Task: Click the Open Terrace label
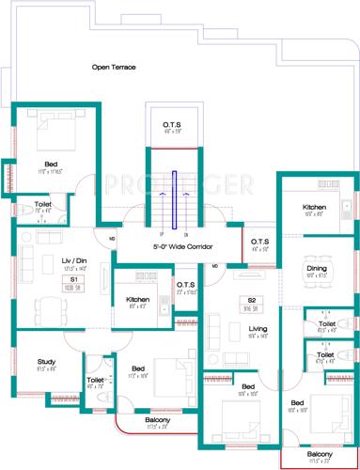click(114, 67)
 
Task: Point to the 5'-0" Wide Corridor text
click(184, 246)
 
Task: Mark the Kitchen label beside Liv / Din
click(138, 300)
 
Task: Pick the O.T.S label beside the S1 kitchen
click(185, 286)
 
